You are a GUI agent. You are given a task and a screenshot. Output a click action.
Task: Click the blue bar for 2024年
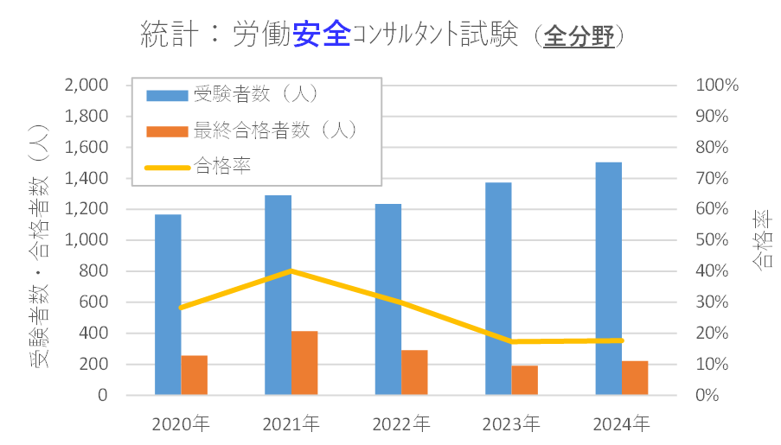609,278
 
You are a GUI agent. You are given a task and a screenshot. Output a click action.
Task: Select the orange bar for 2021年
304,363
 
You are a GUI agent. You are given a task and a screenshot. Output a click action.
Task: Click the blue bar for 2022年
387,299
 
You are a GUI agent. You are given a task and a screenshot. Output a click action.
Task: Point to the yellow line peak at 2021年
291,270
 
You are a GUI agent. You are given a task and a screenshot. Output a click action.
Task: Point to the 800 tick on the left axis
93,271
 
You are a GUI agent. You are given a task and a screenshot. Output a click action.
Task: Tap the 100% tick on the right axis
717,86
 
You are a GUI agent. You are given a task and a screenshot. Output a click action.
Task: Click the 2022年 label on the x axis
401,424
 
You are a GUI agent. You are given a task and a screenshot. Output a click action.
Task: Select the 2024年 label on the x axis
622,424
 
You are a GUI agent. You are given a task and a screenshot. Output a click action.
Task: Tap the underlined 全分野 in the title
579,36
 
